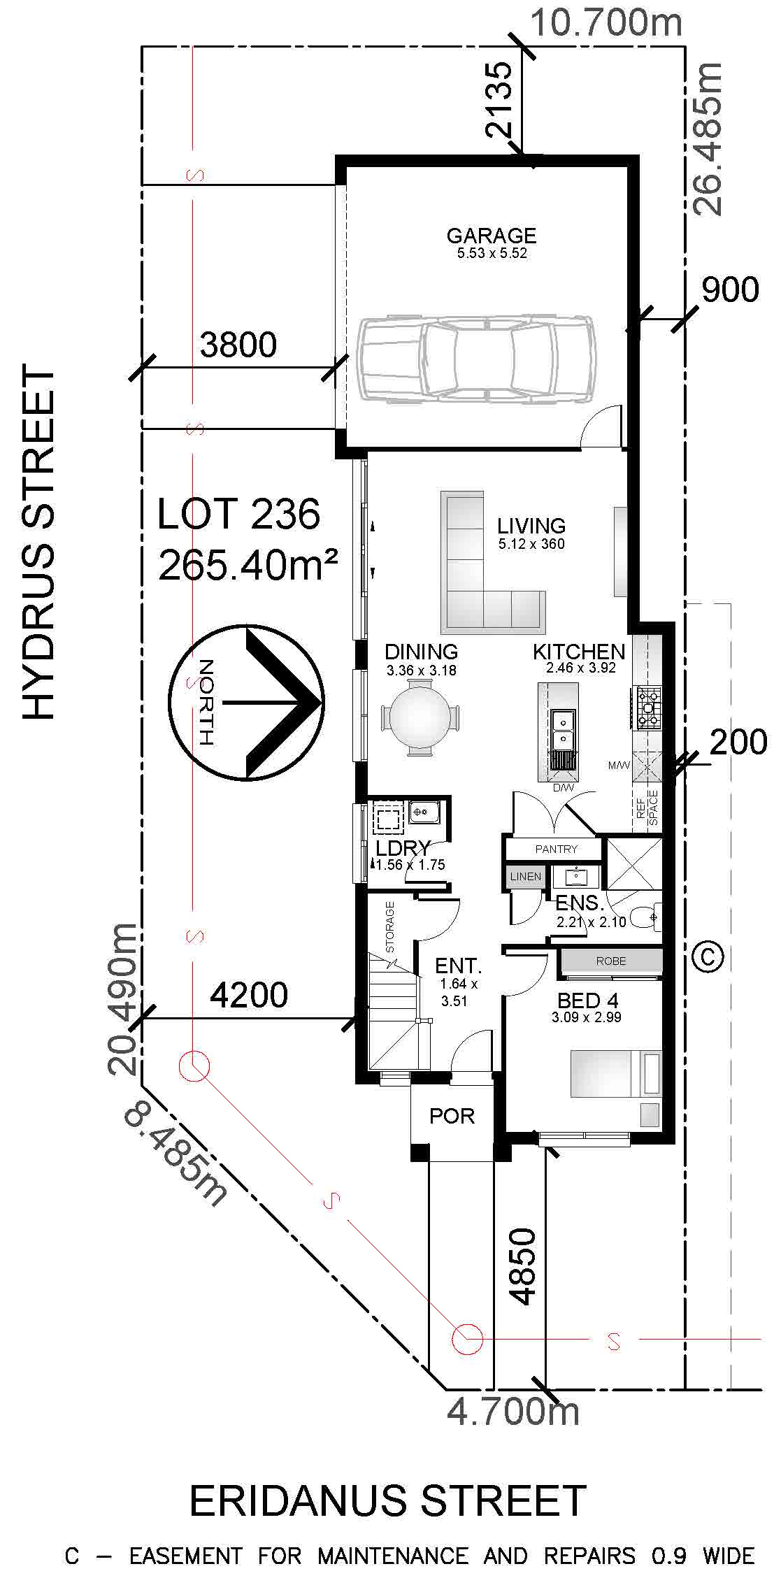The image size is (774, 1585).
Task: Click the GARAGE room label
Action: [x=492, y=235]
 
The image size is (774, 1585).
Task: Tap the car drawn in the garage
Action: [x=478, y=359]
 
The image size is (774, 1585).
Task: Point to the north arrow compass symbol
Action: [x=246, y=702]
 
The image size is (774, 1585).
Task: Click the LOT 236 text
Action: [x=238, y=514]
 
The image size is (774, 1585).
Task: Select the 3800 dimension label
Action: [x=238, y=345]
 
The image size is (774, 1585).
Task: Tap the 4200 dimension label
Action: [x=249, y=995]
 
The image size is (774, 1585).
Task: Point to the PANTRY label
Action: [x=556, y=849]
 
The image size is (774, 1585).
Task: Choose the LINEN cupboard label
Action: [x=525, y=876]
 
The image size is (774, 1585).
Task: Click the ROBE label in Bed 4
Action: [x=611, y=961]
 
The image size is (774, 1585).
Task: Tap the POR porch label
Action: [x=452, y=1116]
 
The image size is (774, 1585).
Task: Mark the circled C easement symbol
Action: [x=708, y=957]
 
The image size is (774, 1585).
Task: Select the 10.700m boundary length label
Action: [x=607, y=22]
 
